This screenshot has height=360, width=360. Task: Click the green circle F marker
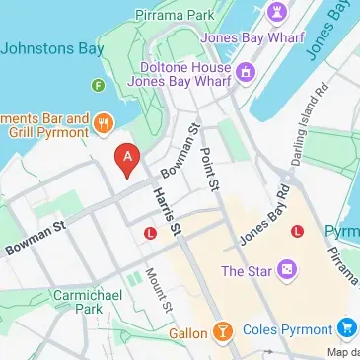[97, 86]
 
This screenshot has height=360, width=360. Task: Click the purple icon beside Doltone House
[245, 70]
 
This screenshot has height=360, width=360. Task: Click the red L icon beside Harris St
[150, 234]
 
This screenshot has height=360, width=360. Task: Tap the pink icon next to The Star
[286, 269]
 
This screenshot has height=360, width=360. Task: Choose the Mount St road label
[153, 287]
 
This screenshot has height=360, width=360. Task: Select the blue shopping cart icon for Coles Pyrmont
[346, 326]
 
